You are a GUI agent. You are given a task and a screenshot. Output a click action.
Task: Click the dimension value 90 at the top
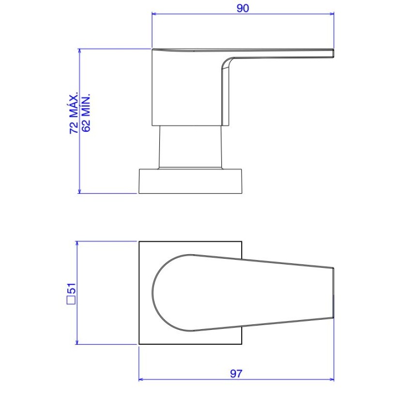tap(243, 8)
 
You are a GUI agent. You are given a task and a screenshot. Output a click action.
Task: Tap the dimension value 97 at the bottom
tap(236, 373)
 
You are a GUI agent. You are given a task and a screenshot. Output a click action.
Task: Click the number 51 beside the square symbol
tap(71, 289)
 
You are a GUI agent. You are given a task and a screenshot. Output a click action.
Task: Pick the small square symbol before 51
tap(71, 300)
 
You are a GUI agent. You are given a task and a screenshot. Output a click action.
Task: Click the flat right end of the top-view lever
tap(334, 293)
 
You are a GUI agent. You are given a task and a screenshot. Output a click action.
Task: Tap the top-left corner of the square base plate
tap(139, 241)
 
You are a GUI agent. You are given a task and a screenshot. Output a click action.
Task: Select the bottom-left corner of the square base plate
tap(139, 344)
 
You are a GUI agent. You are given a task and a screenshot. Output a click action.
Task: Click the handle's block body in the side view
tap(186, 87)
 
